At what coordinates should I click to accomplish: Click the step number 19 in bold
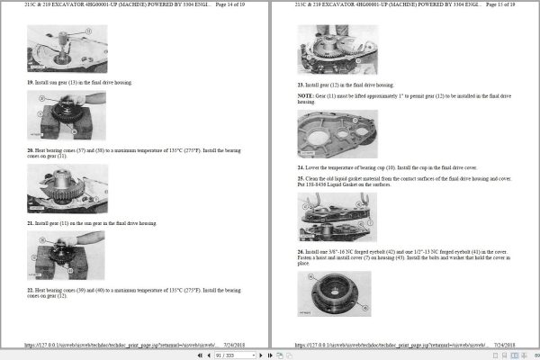[30, 82]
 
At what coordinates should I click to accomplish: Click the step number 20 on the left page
[30, 151]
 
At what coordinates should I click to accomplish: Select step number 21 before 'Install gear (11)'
[30, 222]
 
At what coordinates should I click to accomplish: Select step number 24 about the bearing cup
[301, 167]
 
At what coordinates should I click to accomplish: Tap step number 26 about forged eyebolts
[301, 251]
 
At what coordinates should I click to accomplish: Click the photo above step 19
[67, 48]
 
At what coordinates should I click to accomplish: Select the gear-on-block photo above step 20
[67, 116]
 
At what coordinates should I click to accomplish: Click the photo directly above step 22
[67, 255]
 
